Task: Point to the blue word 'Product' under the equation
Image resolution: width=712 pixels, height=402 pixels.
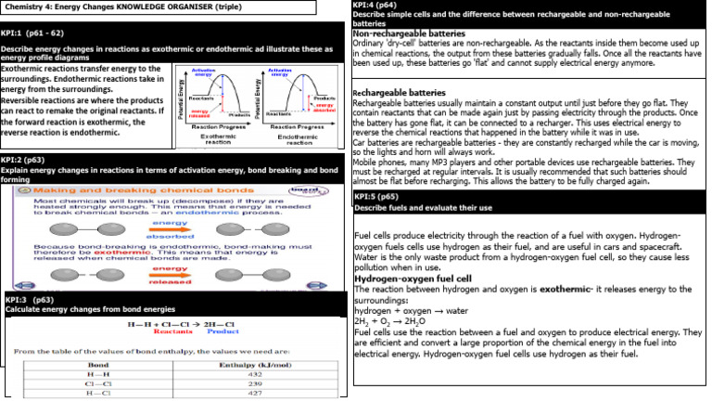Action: coord(223,331)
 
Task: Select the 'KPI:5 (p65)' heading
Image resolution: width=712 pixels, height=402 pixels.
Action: coord(376,197)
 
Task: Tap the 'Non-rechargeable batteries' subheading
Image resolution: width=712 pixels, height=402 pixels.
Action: coord(409,33)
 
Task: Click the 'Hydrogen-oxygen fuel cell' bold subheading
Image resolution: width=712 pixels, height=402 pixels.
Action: coord(413,279)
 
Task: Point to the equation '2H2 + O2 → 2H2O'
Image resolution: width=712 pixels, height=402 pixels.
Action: coord(389,320)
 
